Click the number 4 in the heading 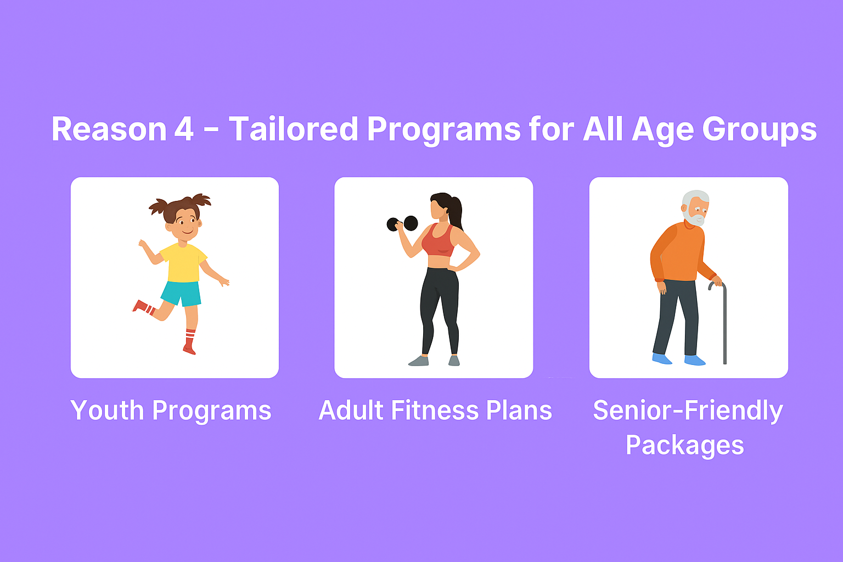[184, 129]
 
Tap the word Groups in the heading [760, 131]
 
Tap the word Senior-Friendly [688, 411]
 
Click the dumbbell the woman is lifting [402, 223]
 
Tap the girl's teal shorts [182, 293]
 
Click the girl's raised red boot [143, 307]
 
